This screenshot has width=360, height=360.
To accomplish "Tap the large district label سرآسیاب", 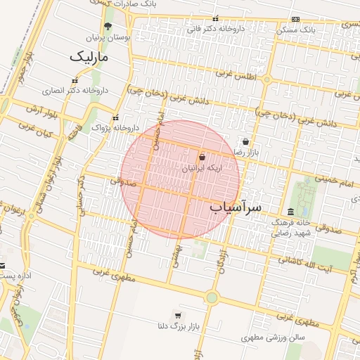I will pyautogui.click(x=235, y=207).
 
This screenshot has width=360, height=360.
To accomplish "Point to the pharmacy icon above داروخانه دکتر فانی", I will pyautogui.click(x=215, y=20).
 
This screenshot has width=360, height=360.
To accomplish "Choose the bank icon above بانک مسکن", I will pyautogui.click(x=296, y=19).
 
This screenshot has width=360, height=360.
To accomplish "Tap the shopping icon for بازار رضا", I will pyautogui.click(x=245, y=141).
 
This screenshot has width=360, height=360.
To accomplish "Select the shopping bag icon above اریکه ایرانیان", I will pyautogui.click(x=202, y=157).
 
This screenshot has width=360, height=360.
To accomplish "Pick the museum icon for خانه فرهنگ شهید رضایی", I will pyautogui.click(x=290, y=212).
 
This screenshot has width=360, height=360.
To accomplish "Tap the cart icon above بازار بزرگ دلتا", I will pyautogui.click(x=177, y=314).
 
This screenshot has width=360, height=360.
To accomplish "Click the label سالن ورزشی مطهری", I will pyautogui.click(x=269, y=337).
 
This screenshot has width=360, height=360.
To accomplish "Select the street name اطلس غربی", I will pyautogui.click(x=235, y=75).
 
